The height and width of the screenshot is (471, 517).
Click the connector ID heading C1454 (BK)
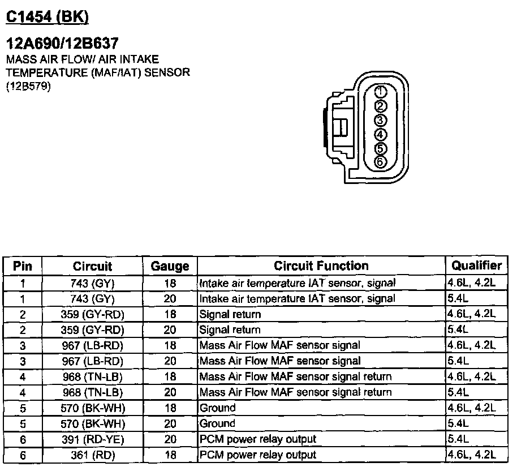click(47, 18)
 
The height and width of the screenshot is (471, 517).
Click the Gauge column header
click(170, 266)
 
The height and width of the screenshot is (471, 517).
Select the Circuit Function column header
click(321, 266)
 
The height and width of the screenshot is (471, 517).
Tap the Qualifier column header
click(476, 266)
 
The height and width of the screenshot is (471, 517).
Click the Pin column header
click(23, 266)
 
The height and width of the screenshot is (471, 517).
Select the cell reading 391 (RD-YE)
click(93, 439)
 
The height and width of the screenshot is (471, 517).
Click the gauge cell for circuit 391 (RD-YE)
click(170, 439)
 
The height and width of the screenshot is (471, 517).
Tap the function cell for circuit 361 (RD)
click(257, 455)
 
